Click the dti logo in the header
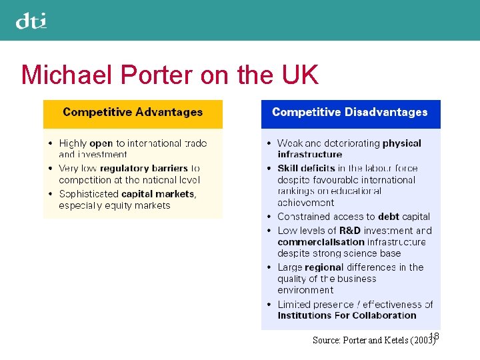[x=31, y=21]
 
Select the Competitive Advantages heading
[x=133, y=112]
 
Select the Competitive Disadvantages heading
[x=349, y=112]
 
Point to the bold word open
[x=101, y=143]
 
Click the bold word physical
[x=402, y=143]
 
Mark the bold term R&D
[x=350, y=231]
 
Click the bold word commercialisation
[x=321, y=242]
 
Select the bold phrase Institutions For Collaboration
[x=347, y=315]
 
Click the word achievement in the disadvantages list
[x=306, y=203]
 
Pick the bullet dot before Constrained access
[x=269, y=217]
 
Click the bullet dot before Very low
[x=51, y=169]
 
